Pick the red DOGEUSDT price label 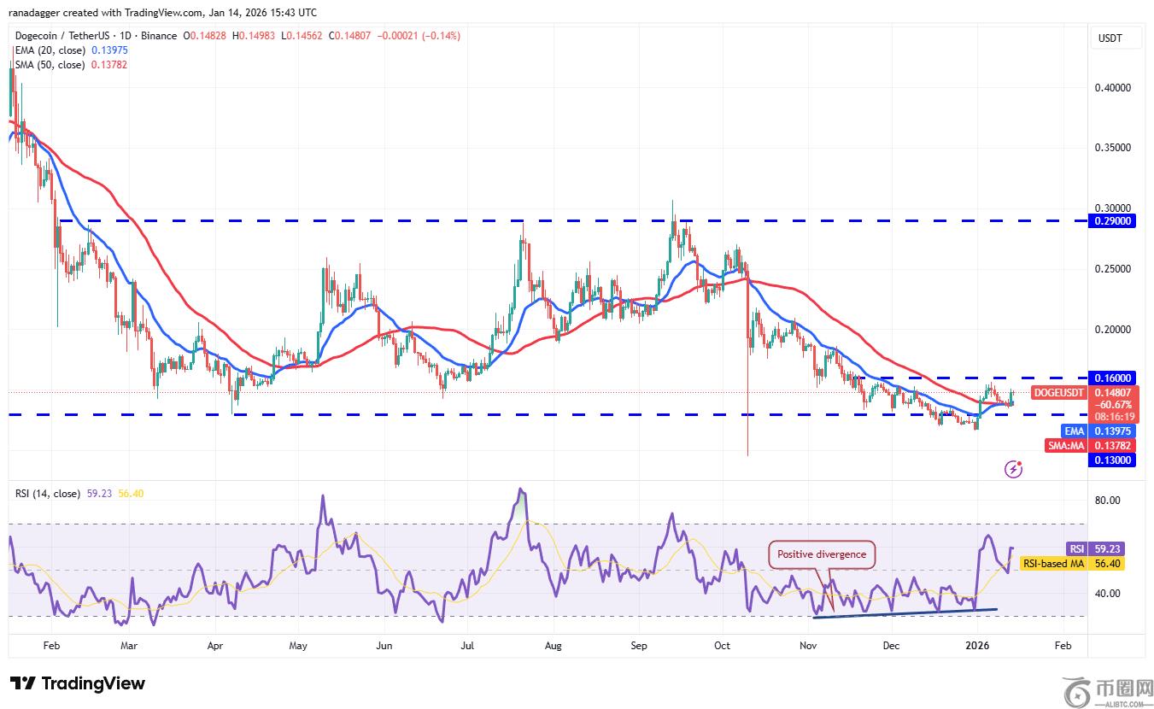(1059, 393)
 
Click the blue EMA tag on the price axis (1074, 431)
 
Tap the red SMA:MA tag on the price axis (1066, 445)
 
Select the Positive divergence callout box (822, 554)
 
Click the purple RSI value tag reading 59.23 (1076, 549)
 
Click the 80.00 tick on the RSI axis (1109, 501)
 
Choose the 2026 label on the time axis (978, 647)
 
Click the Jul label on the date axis (468, 647)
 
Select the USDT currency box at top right (1110, 38)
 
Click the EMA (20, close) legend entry (50, 50)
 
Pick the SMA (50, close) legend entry (50, 65)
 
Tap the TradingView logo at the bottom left (78, 683)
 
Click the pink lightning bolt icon (1014, 468)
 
